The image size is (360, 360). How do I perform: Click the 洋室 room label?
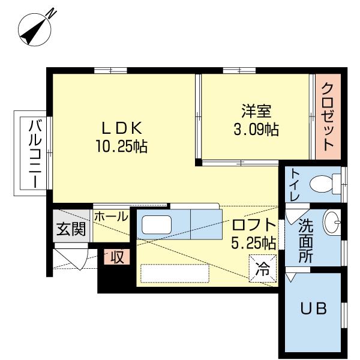[256, 111]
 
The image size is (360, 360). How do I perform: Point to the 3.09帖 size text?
[256, 129]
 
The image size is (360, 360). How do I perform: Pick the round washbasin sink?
[332, 224]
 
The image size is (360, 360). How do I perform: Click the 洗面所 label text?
[305, 239]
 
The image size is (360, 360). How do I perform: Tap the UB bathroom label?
[313, 309]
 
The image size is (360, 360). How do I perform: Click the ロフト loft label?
[254, 226]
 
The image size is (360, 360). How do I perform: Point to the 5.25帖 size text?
[253, 243]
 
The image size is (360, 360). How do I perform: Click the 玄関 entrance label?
[71, 229]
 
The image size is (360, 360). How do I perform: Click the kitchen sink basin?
[156, 226]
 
